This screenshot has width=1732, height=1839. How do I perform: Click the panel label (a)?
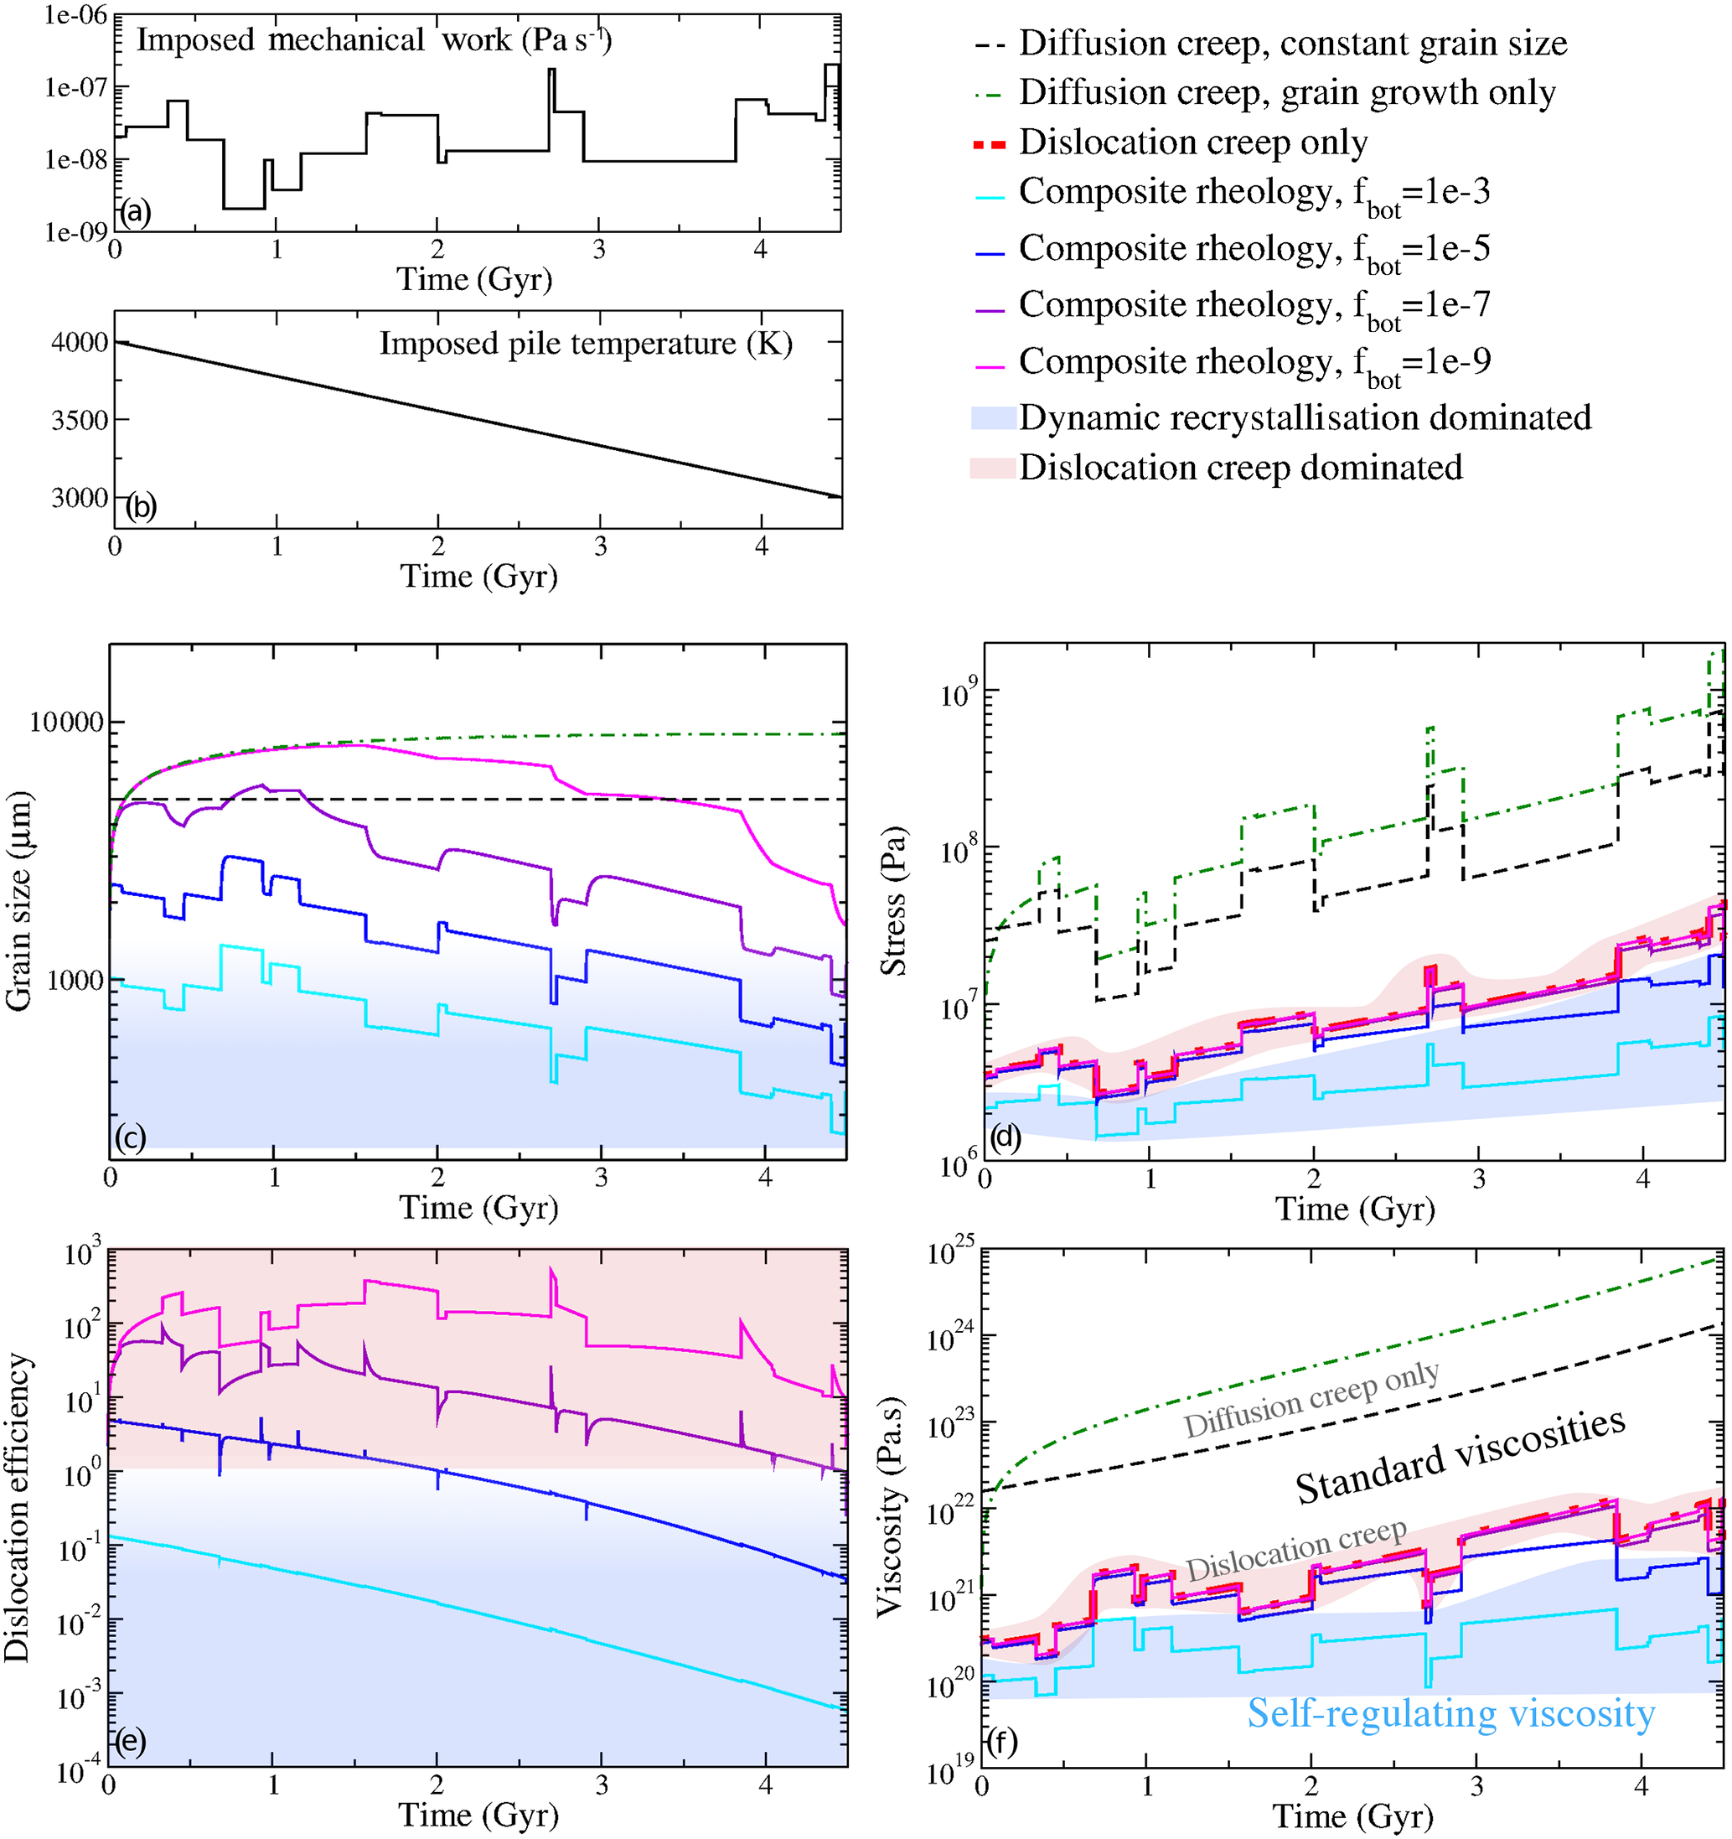(135, 213)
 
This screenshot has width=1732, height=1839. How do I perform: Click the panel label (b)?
(141, 507)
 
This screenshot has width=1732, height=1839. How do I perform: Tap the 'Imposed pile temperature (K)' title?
(586, 344)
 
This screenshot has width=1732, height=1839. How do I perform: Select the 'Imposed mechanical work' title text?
(374, 41)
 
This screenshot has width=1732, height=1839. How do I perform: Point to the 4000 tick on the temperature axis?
(80, 343)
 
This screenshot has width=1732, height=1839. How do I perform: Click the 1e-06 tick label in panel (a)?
(75, 17)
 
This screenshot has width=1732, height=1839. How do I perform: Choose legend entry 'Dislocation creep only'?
(1193, 142)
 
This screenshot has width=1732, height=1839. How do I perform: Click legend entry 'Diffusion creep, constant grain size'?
(1293, 44)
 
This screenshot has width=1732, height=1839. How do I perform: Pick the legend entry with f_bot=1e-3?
(1254, 194)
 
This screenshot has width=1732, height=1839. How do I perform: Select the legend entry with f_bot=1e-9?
(1254, 363)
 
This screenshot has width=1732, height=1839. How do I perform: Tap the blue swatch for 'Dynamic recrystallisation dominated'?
(993, 418)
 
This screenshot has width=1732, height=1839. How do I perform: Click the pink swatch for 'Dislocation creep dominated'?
(993, 467)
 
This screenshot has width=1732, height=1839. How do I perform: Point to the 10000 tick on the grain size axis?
(65, 723)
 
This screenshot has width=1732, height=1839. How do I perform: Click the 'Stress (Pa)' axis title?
(894, 900)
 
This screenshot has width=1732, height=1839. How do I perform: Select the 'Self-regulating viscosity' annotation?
(1450, 1713)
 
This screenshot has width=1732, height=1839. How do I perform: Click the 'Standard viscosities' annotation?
(1459, 1457)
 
